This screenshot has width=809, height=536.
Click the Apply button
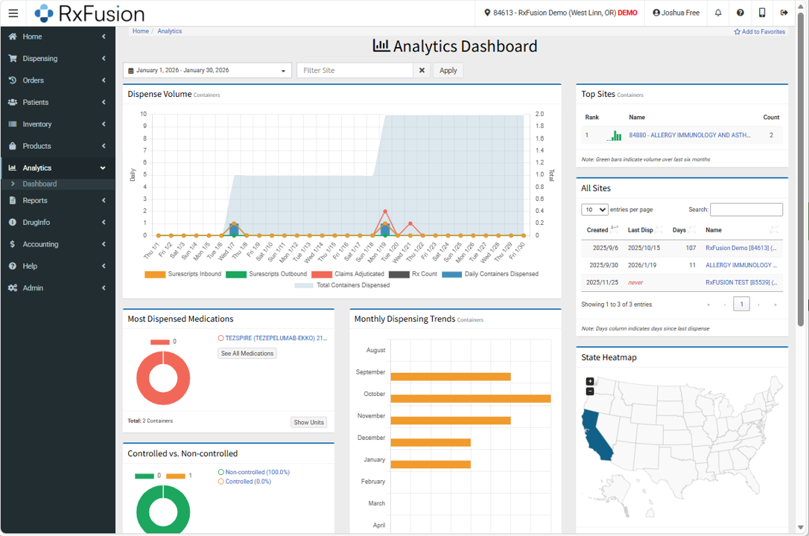pos(448,70)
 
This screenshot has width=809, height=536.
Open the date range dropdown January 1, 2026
pos(207,70)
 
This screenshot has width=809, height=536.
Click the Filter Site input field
pos(355,70)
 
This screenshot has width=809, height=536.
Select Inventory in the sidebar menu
pos(37,124)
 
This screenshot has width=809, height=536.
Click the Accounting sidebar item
pos(40,244)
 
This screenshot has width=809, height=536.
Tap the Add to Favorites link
pos(759,32)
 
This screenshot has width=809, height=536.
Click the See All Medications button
pos(247,354)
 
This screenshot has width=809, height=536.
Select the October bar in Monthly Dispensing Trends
pos(470,398)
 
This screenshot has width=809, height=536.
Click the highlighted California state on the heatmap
pos(597,435)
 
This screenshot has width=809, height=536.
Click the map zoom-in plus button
pos(590,381)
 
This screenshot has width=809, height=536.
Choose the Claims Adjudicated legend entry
pos(348,274)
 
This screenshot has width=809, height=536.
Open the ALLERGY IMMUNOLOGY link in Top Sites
pos(689,135)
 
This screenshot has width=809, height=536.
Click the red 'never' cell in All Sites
pos(635,283)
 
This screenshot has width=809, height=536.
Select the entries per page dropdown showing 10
pos(594,210)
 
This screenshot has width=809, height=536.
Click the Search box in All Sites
pos(746,210)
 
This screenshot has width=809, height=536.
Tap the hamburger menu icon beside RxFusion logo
pos(13,13)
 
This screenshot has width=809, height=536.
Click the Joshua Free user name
pos(676,13)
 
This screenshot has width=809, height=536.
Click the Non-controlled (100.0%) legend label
pos(257,472)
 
